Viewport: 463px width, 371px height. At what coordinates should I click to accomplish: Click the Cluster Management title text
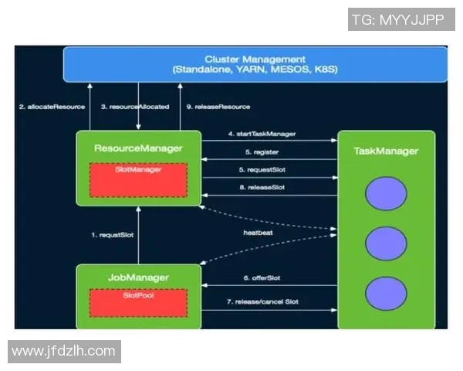click(x=255, y=59)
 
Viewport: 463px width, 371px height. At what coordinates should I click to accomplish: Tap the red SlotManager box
click(x=139, y=179)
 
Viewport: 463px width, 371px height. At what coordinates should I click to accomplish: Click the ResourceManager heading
click(x=139, y=148)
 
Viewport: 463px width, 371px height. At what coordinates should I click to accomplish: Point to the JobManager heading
click(x=139, y=276)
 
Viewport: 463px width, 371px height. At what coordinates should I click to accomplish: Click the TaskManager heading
click(x=386, y=151)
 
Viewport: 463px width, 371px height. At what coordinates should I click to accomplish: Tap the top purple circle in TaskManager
click(x=387, y=195)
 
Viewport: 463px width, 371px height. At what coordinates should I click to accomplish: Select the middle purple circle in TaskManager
click(x=387, y=244)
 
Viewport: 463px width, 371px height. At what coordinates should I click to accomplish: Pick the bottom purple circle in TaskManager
click(x=387, y=294)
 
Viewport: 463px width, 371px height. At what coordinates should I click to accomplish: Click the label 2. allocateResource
click(x=52, y=106)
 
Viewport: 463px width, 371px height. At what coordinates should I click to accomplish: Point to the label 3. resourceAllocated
click(x=135, y=106)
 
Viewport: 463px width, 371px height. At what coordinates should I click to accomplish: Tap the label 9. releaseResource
click(x=215, y=106)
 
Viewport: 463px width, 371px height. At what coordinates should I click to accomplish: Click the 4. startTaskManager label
click(x=262, y=134)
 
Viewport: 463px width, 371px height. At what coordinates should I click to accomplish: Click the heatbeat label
click(x=259, y=231)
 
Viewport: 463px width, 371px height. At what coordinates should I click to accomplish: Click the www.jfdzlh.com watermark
click(x=64, y=351)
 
